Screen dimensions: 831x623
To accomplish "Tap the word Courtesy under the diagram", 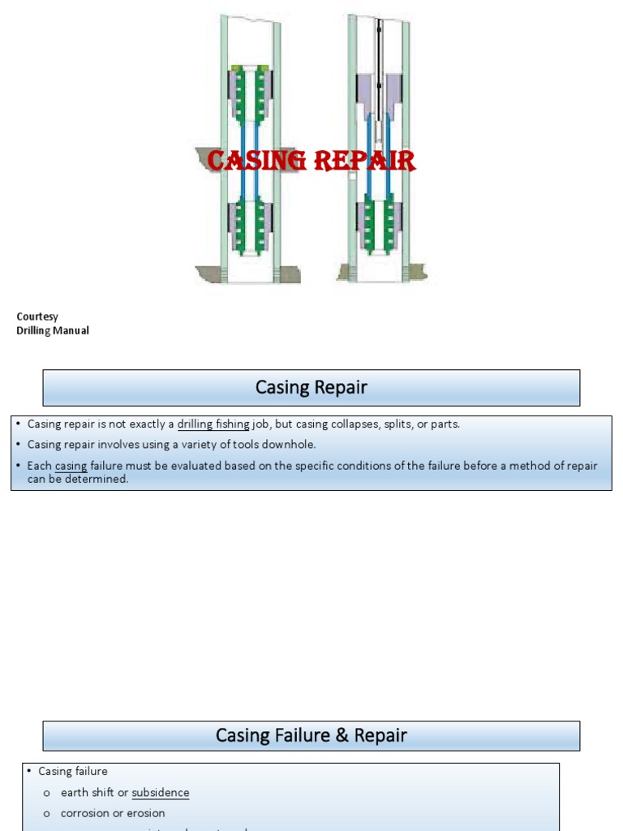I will click(37, 316).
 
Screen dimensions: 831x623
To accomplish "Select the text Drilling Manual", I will click(53, 330).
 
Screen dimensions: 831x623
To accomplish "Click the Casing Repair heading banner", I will click(311, 388).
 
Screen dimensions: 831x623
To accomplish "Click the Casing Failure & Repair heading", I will click(311, 735).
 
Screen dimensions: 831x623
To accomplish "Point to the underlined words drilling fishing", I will click(213, 424).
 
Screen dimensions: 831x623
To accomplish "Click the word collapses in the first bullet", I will click(359, 424).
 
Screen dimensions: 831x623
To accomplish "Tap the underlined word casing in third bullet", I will click(71, 466).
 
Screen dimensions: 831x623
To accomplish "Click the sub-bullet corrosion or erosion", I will click(113, 813).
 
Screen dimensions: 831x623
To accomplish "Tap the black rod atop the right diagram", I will click(379, 49).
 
